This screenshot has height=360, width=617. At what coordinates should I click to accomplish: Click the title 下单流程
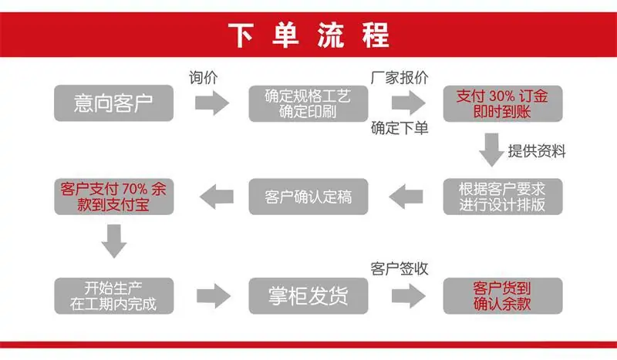(309, 35)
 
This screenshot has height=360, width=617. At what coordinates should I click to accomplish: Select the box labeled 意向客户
(113, 103)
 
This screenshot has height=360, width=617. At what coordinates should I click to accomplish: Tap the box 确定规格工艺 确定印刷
(308, 103)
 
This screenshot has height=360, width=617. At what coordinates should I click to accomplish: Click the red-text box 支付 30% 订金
(503, 103)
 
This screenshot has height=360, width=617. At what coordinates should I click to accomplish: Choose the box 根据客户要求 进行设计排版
(503, 197)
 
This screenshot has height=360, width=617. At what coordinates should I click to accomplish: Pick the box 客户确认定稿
(308, 197)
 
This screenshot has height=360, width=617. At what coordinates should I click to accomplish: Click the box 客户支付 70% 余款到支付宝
(113, 197)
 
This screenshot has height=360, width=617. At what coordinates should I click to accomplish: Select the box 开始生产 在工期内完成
(113, 296)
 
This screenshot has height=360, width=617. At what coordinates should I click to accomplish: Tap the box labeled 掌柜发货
(308, 296)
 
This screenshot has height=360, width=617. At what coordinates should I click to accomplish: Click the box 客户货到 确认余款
(503, 296)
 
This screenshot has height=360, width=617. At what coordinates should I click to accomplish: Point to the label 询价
(203, 78)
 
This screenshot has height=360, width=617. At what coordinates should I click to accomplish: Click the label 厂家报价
(400, 78)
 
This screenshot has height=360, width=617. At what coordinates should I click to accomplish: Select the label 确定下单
(400, 128)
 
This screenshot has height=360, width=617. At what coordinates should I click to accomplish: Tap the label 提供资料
(537, 151)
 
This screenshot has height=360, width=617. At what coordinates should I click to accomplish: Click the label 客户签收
(400, 269)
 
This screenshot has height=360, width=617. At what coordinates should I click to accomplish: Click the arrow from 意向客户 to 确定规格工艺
(212, 103)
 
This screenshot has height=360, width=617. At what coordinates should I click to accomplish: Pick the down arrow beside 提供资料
(491, 150)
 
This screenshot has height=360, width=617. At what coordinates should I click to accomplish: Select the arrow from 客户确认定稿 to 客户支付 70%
(217, 197)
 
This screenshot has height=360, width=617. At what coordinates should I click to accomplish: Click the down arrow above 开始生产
(114, 241)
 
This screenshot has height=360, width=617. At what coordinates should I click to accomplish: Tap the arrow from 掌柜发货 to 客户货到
(409, 295)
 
